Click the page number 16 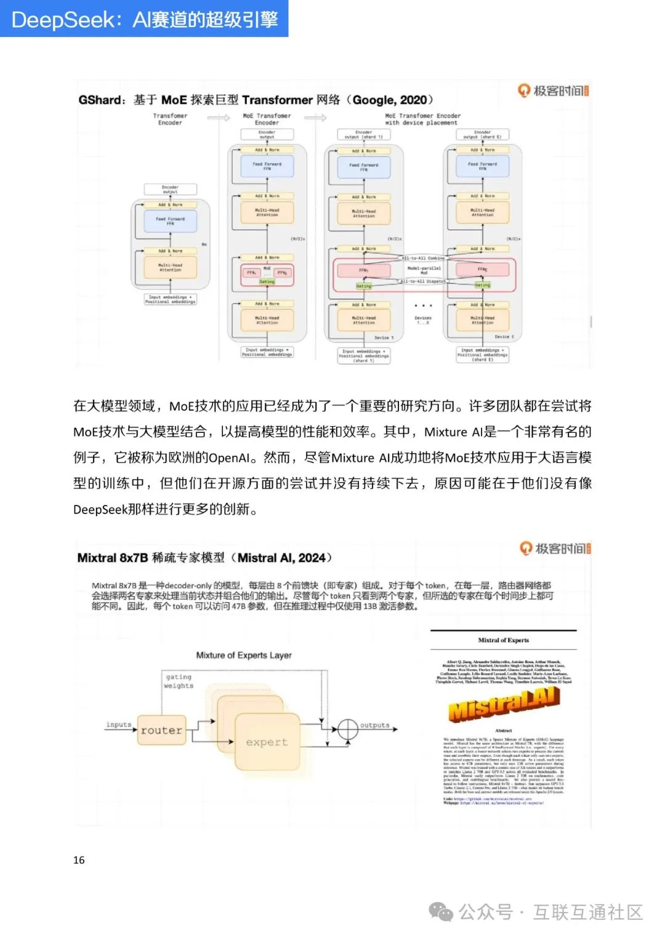tap(79, 860)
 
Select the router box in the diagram tap(161, 730)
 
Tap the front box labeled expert tap(267, 742)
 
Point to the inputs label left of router tap(118, 725)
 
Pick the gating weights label tap(179, 681)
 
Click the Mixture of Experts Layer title tap(244, 655)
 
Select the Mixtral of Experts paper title tap(503, 640)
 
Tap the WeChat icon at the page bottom tap(441, 912)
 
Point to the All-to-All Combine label tap(423, 258)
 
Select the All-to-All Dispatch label tap(423, 281)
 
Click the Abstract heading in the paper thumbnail tap(503, 731)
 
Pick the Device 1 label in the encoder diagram tap(383, 337)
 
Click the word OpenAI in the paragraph tap(229, 457)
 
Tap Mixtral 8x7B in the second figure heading tap(112, 558)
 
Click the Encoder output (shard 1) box tap(363, 134)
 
